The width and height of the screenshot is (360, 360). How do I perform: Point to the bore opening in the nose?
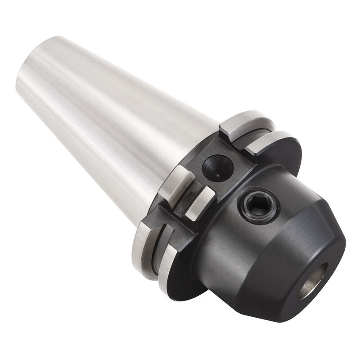(x=314, y=281)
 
